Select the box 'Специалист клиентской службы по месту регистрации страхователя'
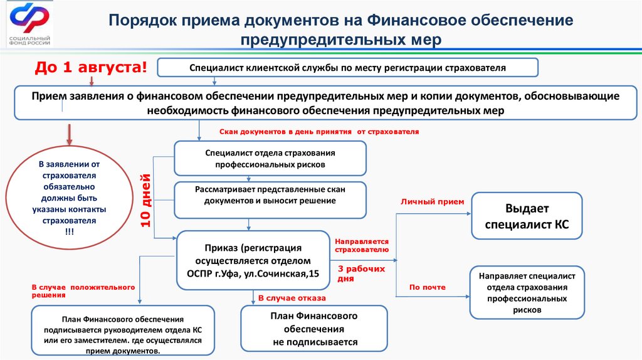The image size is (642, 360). (347, 67)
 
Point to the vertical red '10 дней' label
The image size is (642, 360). (146, 199)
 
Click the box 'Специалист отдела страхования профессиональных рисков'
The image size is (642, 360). (270, 158)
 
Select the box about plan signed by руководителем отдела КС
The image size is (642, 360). (123, 329)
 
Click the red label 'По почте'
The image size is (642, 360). (428, 287)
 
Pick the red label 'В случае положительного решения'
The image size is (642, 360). (83, 290)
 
